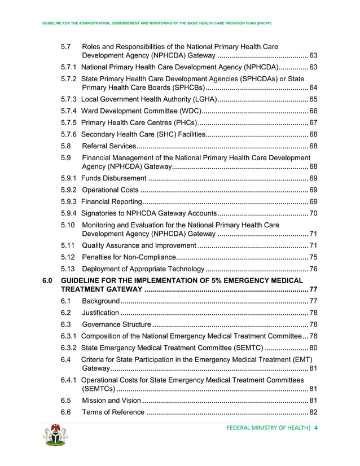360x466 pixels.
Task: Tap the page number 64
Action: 313,88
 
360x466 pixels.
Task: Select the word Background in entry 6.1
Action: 101,301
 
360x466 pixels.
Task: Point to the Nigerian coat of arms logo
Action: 55,436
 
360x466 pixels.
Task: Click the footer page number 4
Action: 317,428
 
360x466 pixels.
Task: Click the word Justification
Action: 100,313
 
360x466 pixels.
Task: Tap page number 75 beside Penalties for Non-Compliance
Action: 313,257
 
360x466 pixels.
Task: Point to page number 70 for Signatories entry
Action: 313,213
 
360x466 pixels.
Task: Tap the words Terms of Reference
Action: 113,412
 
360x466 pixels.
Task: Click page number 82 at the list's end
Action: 313,412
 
